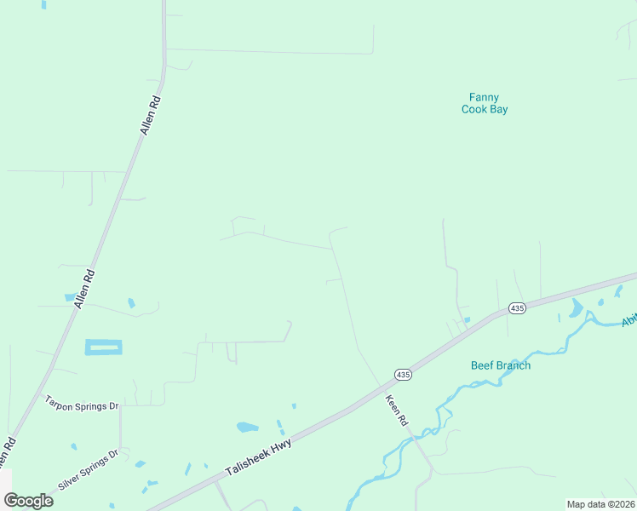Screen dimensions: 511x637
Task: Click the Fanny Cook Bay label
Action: tap(485, 103)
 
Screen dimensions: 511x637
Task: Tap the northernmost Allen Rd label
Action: tap(150, 114)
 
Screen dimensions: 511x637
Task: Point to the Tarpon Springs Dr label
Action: tap(81, 401)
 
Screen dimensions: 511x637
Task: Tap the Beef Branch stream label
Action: tap(501, 365)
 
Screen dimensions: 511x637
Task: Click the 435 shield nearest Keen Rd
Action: tap(403, 374)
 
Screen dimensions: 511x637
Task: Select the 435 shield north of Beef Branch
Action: tap(516, 307)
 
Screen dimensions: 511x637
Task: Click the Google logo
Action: tap(28, 501)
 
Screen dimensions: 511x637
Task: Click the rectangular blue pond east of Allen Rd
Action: tap(103, 347)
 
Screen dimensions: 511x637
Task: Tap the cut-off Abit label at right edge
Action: tap(629, 319)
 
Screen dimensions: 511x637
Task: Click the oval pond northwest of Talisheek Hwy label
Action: tap(246, 427)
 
